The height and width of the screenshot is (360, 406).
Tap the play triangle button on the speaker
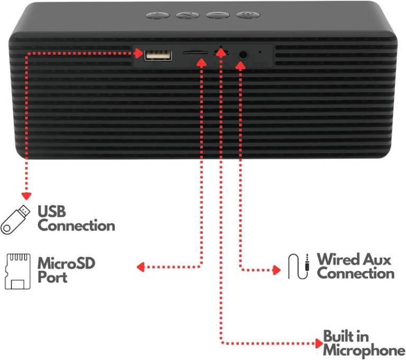coord(188,15)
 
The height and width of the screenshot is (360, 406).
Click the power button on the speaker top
coord(248,15)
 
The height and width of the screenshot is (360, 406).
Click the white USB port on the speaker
coord(158,55)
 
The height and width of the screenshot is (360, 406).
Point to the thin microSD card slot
coord(195,52)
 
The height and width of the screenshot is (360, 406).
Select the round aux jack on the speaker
coord(243,55)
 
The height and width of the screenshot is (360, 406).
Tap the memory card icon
coord(17,271)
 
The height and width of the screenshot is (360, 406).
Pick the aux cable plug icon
coord(299,266)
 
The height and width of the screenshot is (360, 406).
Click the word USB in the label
coord(52,211)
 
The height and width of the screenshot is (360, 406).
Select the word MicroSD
coord(67,263)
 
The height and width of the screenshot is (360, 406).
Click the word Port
coord(52,277)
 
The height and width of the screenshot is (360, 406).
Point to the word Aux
coord(377,259)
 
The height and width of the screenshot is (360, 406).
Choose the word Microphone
coord(364,350)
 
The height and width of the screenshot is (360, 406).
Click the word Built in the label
coord(339,336)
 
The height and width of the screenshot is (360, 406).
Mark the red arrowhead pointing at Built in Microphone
coord(319,344)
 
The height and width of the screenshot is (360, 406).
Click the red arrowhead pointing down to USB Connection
coord(26,196)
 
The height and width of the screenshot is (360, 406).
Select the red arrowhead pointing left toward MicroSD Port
coord(141,267)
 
